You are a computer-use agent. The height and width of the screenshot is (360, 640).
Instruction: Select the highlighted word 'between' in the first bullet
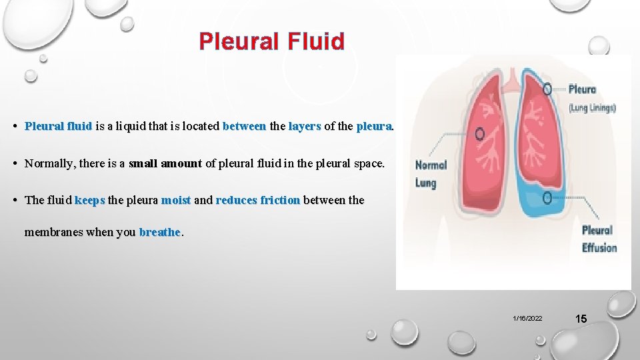[244, 125]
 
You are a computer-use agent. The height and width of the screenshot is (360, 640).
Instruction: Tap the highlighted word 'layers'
[305, 125]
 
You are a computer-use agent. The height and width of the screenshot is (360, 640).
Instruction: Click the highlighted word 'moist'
[176, 200]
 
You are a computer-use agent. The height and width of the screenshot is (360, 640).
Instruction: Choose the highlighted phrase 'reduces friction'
[258, 200]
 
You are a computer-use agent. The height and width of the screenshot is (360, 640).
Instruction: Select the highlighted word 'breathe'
[160, 232]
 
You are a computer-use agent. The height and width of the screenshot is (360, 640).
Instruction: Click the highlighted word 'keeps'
[90, 200]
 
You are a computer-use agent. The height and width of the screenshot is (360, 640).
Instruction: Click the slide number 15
[581, 319]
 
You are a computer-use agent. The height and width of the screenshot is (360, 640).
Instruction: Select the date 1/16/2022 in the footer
[527, 319]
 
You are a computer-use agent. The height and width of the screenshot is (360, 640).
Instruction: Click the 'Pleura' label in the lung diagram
[582, 89]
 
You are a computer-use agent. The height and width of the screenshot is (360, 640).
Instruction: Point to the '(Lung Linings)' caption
[592, 108]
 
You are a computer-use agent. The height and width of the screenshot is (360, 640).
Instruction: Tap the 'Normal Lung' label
[431, 173]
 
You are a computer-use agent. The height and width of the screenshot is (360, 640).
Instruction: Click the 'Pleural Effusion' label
[599, 239]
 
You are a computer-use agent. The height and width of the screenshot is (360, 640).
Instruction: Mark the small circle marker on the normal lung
[479, 133]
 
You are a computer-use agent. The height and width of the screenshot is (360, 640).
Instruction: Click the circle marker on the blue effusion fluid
[547, 198]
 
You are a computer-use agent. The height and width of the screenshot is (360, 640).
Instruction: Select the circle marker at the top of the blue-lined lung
[547, 89]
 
